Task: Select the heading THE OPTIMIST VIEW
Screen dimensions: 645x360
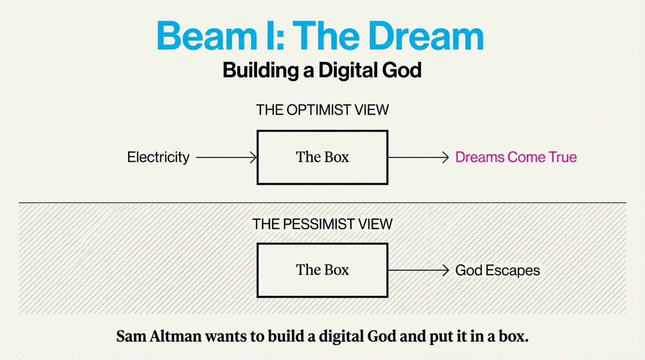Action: coord(322,110)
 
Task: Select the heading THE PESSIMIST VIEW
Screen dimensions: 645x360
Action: coord(322,224)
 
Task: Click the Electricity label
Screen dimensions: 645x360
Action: coord(158,157)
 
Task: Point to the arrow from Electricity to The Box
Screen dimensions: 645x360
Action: coord(226,157)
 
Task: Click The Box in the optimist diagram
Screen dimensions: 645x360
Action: coord(322,157)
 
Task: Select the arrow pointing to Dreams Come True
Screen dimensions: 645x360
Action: coord(418,157)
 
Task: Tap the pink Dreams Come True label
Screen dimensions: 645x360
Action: coord(516,157)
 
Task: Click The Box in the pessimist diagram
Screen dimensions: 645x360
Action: coord(322,270)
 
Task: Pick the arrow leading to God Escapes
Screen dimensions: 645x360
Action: coord(418,270)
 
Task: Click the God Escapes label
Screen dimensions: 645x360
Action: coord(497,270)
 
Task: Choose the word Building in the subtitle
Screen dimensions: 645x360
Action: coord(260,70)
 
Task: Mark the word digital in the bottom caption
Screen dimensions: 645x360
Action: coord(341,336)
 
